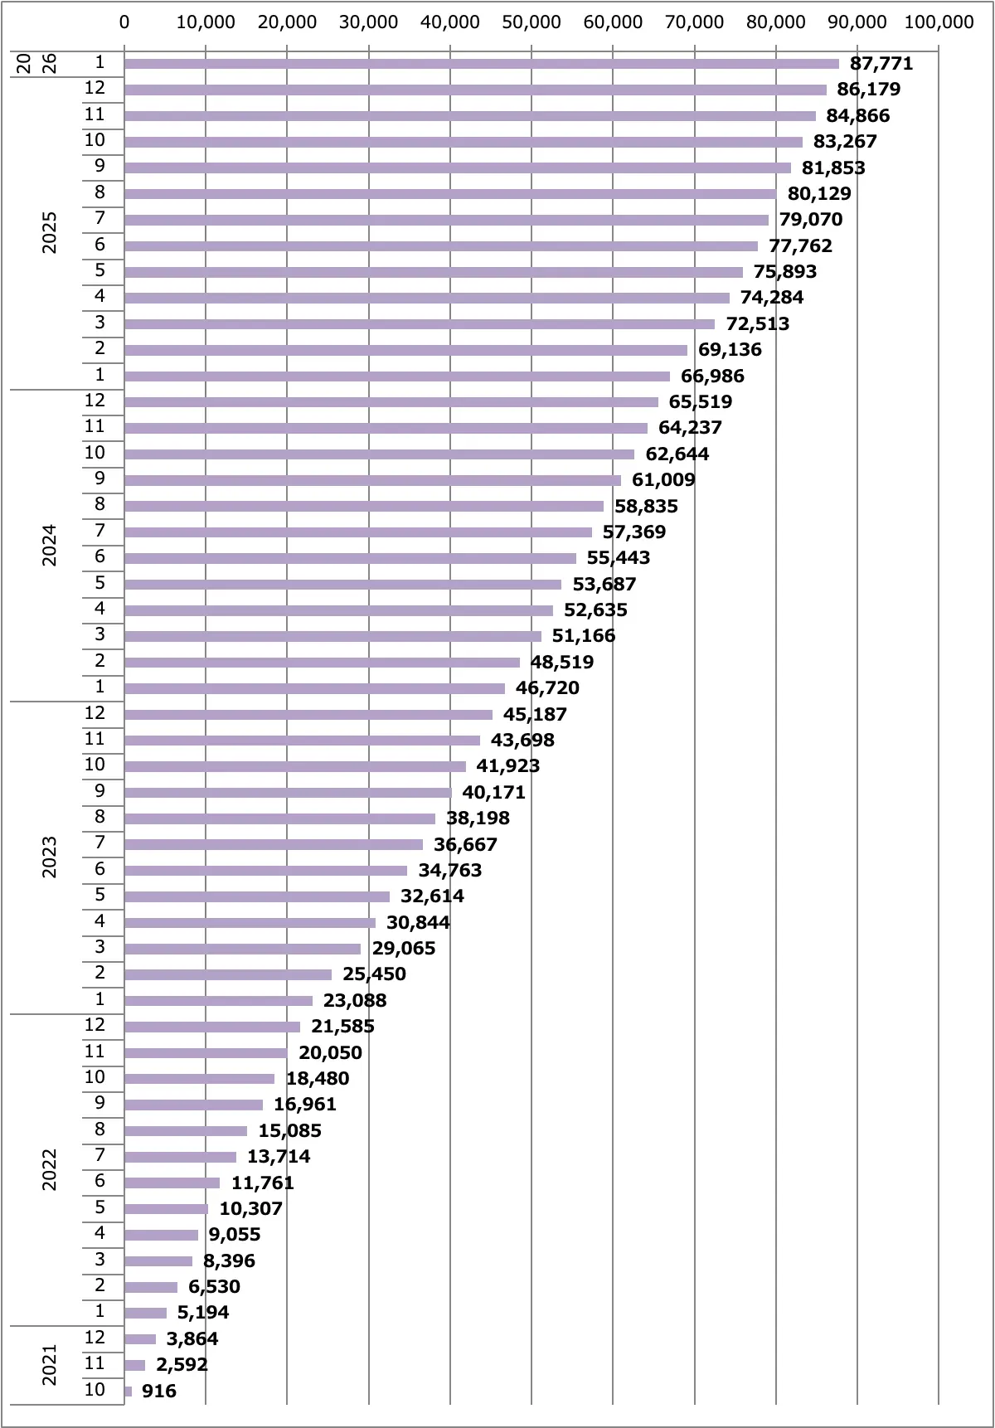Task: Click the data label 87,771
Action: (881, 64)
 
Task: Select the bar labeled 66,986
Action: (396, 376)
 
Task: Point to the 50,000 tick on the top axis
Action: (531, 22)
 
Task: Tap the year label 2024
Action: (50, 545)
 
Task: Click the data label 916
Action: (158, 1391)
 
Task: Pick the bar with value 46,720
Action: (314, 688)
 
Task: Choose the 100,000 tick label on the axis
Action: (939, 22)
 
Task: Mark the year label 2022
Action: (50, 1170)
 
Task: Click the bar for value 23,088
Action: (218, 1001)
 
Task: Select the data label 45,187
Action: (535, 714)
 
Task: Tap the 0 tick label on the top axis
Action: (124, 22)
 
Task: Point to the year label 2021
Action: (50, 1364)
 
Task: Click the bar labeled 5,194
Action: (145, 1313)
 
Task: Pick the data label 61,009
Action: (663, 480)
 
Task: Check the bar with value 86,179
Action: (475, 90)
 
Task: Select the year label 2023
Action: (50, 857)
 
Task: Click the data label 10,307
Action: (250, 1209)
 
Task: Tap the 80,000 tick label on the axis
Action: (775, 22)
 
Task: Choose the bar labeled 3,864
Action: (140, 1339)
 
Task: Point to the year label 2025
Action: (50, 232)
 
